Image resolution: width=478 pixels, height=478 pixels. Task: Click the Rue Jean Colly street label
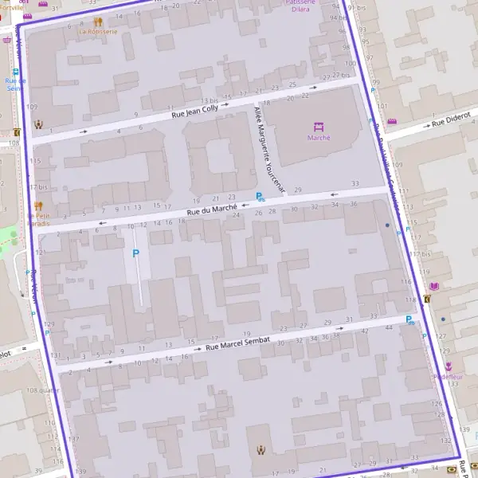coord(198,112)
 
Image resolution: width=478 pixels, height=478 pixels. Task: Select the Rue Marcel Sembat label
coord(238,341)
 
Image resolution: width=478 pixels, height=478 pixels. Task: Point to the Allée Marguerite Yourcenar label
coord(268,149)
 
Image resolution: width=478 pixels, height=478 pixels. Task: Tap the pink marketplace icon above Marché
coord(319,126)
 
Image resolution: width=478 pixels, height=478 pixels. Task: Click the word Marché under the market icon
coord(319,137)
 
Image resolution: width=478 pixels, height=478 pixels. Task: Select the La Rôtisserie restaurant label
coord(97,33)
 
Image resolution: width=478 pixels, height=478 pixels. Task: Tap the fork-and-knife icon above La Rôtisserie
coord(97,22)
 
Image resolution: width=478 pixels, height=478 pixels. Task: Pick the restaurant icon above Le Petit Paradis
coord(38,206)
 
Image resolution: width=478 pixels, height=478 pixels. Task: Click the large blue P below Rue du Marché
coord(135,253)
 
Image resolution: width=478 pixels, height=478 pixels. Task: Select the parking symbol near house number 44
coord(409,320)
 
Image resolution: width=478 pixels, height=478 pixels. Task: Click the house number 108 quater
coord(43,390)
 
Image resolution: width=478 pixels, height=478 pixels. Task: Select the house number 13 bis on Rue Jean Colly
coord(209,100)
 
